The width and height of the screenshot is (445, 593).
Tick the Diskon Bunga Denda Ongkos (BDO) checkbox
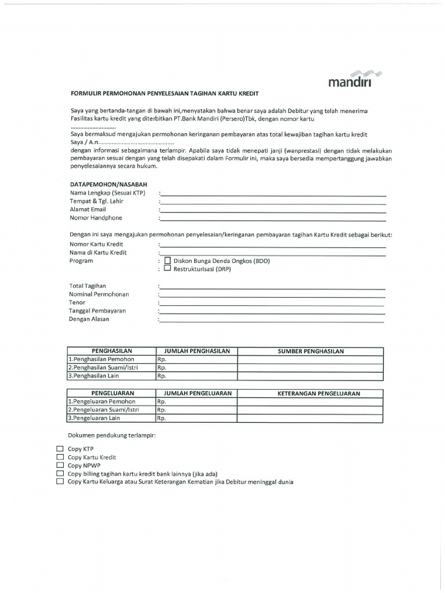point(168,261)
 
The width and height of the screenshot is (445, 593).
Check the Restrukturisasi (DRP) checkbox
point(168,269)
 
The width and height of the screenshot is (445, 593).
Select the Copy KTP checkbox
point(60,449)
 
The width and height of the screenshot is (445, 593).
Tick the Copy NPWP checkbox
point(60,465)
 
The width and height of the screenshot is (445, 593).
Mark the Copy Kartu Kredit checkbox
point(60,457)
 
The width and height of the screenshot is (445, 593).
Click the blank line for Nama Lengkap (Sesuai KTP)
point(272,195)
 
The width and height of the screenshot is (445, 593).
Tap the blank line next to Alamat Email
point(272,211)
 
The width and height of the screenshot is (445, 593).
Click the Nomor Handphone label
point(96,218)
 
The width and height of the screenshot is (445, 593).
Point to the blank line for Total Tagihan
point(272,287)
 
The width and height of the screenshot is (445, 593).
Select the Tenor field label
point(77,302)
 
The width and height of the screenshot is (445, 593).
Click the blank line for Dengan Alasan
point(272,320)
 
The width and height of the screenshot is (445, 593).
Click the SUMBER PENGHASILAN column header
point(311,351)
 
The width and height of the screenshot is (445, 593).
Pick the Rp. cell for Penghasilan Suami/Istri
point(196,367)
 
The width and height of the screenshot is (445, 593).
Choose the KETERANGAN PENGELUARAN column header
point(311,393)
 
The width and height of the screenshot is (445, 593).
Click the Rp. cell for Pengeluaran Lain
point(196,418)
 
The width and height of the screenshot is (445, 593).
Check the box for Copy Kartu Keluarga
point(60,481)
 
